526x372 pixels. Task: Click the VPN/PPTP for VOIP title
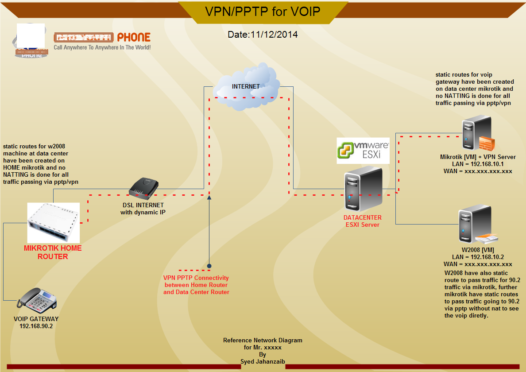tap(262, 11)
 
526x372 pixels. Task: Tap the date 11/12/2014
tap(263, 35)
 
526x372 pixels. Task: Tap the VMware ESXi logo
tap(363, 150)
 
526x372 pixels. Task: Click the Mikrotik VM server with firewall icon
tap(477, 133)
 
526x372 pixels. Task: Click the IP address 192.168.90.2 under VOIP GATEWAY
tap(36, 326)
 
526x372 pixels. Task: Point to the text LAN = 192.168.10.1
tap(478, 164)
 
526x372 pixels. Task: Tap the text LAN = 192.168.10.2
tap(478, 257)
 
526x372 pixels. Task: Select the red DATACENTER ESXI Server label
tap(363, 221)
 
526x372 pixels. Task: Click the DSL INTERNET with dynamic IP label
tap(143, 209)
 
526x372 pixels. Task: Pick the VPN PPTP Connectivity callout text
tap(196, 285)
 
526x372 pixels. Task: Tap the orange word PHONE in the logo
tap(134, 37)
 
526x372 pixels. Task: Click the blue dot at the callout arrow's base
tap(209, 266)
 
